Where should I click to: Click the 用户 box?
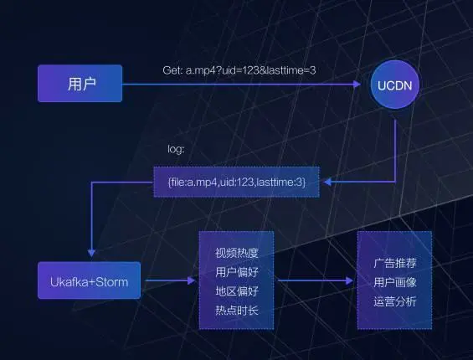click(x=80, y=83)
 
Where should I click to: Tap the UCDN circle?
click(x=394, y=85)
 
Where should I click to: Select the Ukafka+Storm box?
click(x=89, y=280)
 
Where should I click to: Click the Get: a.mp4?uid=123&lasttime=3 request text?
click(x=239, y=70)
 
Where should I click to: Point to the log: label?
click(x=176, y=149)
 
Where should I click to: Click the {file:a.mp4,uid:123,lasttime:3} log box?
click(x=236, y=182)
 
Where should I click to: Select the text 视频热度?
click(x=237, y=253)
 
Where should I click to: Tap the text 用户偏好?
click(x=237, y=272)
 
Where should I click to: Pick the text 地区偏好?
click(x=237, y=291)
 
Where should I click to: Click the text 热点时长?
click(x=237, y=311)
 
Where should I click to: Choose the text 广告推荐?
click(x=395, y=263)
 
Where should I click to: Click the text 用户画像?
click(x=395, y=282)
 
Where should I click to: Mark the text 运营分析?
click(x=395, y=301)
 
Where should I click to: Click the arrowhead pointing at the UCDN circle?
click(x=357, y=85)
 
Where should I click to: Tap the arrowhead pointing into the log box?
click(x=327, y=182)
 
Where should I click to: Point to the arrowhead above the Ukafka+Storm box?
click(x=91, y=253)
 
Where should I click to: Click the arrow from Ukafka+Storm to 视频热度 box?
click(x=171, y=280)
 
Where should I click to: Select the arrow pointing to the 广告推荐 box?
click(x=316, y=280)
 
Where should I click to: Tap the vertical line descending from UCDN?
click(x=395, y=151)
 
